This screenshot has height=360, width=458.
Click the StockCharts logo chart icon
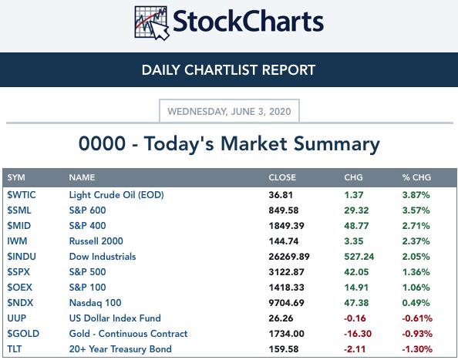152,23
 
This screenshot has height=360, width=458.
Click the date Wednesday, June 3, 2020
229,112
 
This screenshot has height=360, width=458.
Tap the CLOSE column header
282,177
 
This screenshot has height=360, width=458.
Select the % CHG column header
416,177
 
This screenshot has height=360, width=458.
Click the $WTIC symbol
22,195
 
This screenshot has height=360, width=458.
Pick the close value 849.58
284,210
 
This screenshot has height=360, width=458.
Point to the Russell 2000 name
96,241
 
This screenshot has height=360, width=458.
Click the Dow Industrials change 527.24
359,257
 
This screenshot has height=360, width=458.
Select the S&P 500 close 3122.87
286,272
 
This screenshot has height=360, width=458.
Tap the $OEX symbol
19,288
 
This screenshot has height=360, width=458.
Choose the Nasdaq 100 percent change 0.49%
416,303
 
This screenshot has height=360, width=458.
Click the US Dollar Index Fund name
115,318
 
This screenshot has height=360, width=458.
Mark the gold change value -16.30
358,334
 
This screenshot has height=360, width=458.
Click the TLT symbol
15,349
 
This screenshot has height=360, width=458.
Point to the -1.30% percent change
417,349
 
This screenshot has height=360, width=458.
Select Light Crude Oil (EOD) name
116,195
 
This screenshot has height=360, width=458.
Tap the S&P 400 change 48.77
356,226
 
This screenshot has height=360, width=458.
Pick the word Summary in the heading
336,144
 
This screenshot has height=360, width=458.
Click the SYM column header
16,177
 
